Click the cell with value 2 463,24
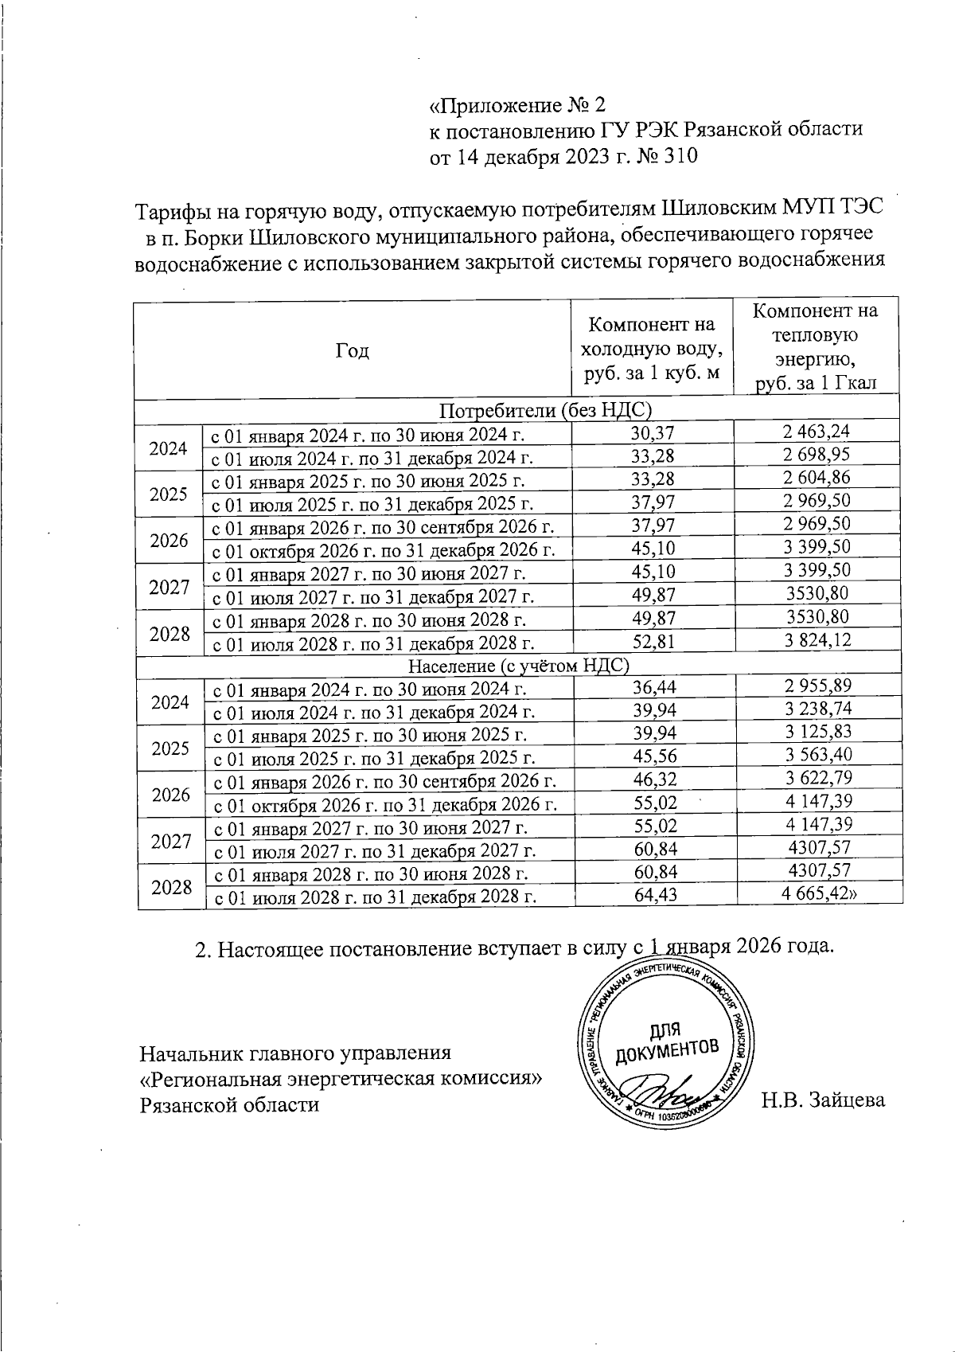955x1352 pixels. coord(816,432)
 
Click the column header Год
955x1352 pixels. coord(353,350)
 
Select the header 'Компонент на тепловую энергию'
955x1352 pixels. coord(816,346)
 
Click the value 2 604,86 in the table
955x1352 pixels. coord(816,478)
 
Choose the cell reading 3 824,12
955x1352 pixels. coord(817,640)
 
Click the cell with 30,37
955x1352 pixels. coord(652,432)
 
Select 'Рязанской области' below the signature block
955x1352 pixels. coord(229,1104)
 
